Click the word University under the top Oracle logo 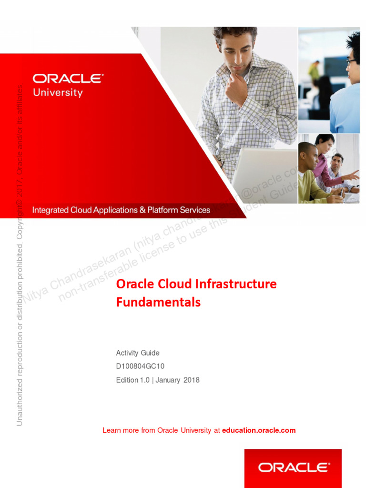click(58, 92)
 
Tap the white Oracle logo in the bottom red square click(293, 468)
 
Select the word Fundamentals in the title click(158, 302)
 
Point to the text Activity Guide click(138, 353)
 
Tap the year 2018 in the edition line click(190, 380)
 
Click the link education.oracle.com click(259, 430)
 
